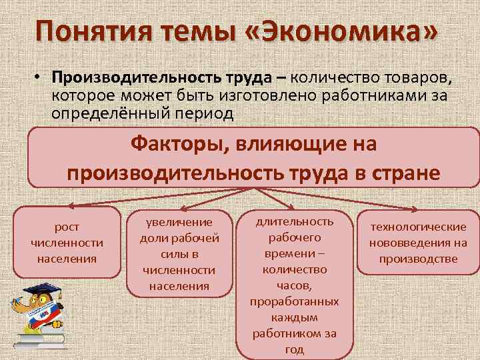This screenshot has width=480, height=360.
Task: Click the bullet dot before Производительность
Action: click(41, 78)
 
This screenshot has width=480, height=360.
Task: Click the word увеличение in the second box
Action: click(179, 222)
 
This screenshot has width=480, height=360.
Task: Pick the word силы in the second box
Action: click(179, 254)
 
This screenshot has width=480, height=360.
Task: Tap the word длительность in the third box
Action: click(294, 221)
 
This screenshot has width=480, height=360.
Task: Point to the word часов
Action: click(294, 285)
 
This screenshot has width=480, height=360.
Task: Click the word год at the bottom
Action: click(294, 349)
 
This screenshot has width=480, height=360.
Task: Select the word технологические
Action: click(418, 227)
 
